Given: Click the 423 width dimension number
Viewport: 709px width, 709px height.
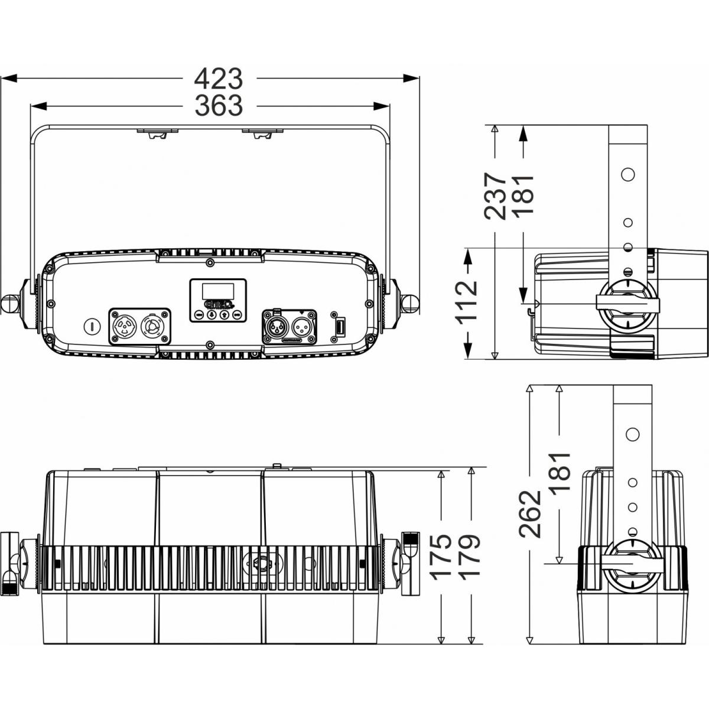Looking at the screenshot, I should (x=219, y=78).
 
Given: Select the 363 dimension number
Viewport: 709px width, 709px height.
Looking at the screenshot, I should (x=219, y=106).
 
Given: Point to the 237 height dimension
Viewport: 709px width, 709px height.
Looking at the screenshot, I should (x=495, y=196).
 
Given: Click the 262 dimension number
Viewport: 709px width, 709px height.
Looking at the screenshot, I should (x=530, y=513).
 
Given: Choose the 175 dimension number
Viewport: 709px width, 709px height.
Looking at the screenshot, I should (x=441, y=557).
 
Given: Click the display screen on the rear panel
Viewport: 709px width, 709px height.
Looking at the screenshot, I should (x=217, y=291).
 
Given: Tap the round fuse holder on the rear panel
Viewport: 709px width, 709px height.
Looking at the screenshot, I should (x=90, y=325).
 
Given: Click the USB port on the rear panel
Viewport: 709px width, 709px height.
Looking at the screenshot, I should (x=340, y=326).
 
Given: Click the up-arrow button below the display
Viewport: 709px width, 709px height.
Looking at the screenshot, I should (x=224, y=315).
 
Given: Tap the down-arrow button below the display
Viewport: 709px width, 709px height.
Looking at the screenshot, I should (x=211, y=315).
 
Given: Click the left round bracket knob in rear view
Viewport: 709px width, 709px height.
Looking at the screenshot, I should (x=10, y=303).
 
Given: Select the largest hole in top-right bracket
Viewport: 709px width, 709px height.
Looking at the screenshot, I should (x=628, y=175).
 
